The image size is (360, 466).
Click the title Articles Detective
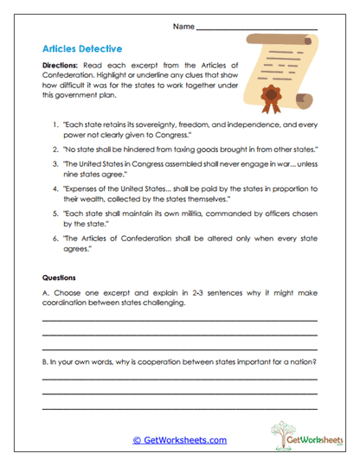(81, 49)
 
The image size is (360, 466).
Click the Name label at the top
(183, 27)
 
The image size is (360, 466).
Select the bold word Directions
(63, 66)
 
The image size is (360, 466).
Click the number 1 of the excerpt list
(55, 125)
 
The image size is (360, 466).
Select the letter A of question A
(45, 295)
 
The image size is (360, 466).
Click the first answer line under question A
(179, 322)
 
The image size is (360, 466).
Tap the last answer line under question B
(179, 408)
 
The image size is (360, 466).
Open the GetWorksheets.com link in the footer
(179, 440)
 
